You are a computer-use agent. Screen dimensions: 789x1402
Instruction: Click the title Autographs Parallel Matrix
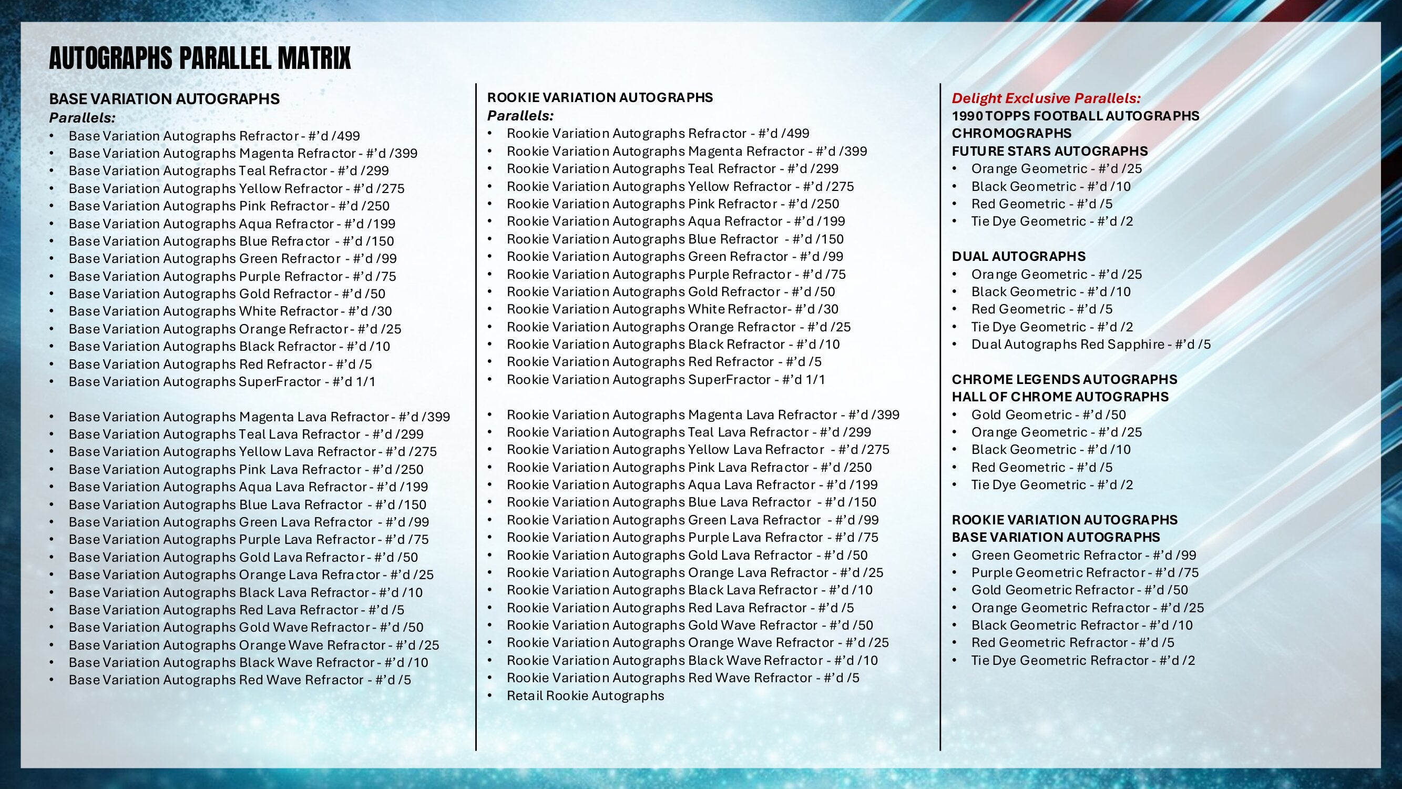tap(200, 58)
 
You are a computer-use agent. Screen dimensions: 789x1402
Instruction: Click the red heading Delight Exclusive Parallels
tap(1046, 98)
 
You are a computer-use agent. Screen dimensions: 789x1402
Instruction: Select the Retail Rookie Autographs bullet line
tap(585, 695)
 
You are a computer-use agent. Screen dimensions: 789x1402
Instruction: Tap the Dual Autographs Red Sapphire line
tap(1091, 344)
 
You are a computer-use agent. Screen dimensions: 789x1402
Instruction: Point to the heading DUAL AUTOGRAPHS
tap(1018, 257)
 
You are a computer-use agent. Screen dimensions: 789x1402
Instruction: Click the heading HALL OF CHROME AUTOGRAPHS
tap(1060, 397)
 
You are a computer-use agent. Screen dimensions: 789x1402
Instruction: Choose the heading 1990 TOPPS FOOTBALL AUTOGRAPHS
tap(1075, 116)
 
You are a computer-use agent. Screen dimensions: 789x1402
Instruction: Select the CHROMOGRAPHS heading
tap(1011, 134)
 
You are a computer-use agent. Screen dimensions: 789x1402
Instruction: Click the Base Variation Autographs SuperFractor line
tap(222, 382)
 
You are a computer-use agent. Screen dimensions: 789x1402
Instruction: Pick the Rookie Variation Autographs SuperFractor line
tap(666, 380)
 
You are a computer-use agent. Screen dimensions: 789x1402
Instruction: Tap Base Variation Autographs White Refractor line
tap(230, 311)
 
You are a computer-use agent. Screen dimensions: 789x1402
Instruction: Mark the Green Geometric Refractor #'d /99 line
tap(1083, 555)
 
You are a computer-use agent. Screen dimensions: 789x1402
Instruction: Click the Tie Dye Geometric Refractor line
tap(1083, 661)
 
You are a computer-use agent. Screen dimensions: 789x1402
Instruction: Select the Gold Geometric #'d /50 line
tap(1048, 415)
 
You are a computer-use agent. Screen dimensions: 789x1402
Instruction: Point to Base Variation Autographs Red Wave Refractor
tap(240, 680)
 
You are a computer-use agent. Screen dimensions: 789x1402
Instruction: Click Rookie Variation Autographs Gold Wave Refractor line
tap(690, 625)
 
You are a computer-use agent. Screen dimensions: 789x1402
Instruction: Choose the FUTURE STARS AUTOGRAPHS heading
tap(1049, 151)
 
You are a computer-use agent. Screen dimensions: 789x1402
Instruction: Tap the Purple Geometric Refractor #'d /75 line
tap(1084, 573)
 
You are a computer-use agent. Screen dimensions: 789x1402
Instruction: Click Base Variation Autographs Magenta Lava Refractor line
tap(259, 417)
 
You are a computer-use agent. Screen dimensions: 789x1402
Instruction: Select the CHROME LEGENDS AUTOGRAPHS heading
tap(1064, 380)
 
